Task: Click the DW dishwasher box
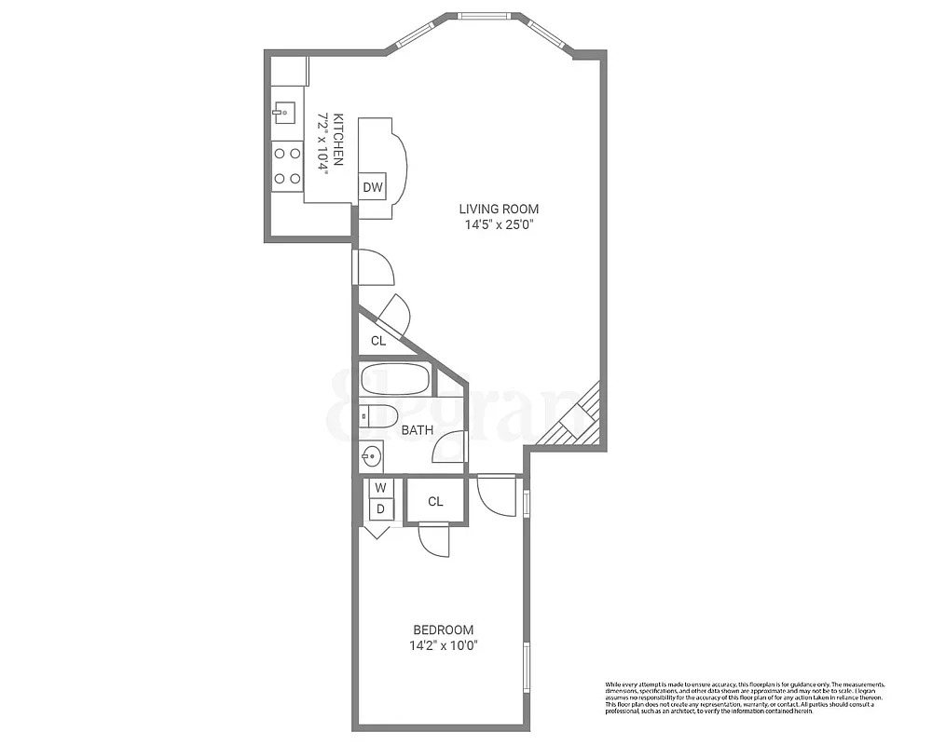point(374,187)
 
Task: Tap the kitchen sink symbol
point(286,114)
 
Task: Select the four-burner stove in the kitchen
point(287,166)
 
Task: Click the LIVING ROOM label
point(498,209)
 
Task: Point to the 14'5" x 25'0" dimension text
point(498,224)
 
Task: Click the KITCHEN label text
point(339,140)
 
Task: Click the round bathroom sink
point(371,456)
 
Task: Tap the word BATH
point(417,430)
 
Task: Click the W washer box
point(380,487)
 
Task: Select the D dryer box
point(380,508)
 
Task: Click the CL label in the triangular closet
point(377,341)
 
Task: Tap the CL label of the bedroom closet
point(435,502)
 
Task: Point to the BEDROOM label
point(444,630)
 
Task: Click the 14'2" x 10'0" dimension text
point(444,645)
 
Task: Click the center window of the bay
point(485,15)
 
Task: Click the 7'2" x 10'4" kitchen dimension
point(323,140)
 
